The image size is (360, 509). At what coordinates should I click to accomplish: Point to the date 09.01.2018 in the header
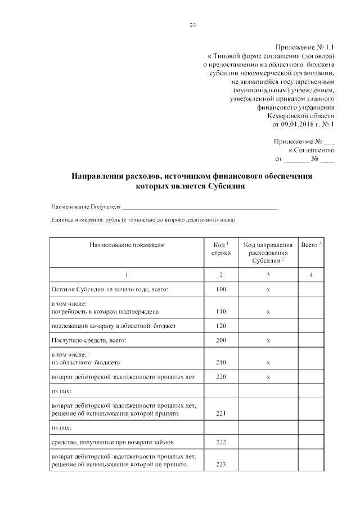(x=299, y=124)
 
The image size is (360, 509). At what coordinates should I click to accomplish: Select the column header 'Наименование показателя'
(x=127, y=245)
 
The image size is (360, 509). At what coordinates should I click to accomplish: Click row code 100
(x=221, y=289)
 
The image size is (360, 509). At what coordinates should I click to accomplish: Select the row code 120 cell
(x=221, y=326)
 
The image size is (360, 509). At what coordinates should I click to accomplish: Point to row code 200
(x=221, y=340)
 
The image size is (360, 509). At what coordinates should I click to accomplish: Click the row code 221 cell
(x=221, y=413)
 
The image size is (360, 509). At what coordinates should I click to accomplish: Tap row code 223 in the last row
(x=221, y=465)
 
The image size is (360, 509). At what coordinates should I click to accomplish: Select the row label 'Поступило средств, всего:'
(x=88, y=340)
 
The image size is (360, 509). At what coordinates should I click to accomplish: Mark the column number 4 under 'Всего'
(x=311, y=274)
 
